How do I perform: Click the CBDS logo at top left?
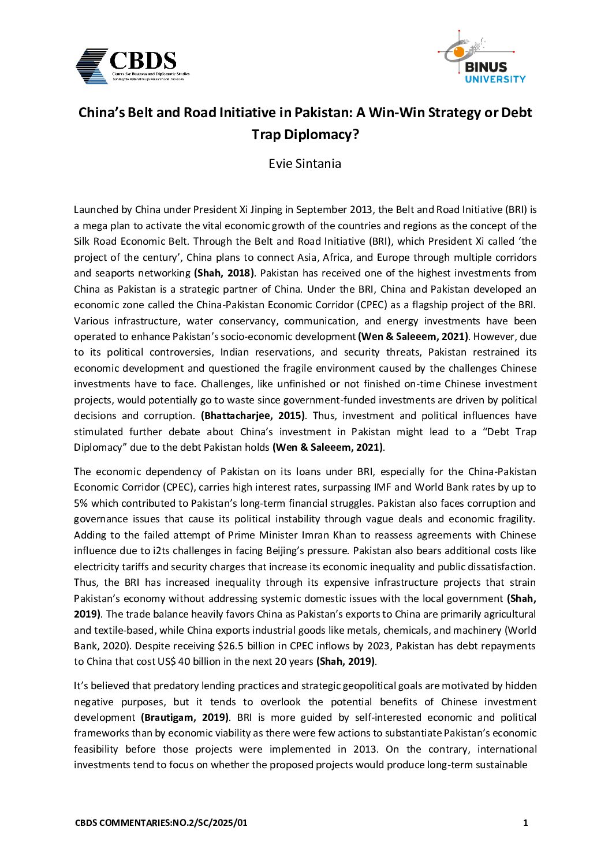[x=132, y=66]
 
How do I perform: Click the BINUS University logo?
[x=484, y=58]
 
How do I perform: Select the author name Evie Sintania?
[x=305, y=163]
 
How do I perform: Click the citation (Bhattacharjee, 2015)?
[x=253, y=416]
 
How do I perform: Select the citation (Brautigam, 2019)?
[x=185, y=717]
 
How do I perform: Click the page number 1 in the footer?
[x=525, y=823]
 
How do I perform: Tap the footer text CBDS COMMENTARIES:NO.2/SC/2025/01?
[x=161, y=823]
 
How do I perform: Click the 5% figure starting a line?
[x=81, y=503]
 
